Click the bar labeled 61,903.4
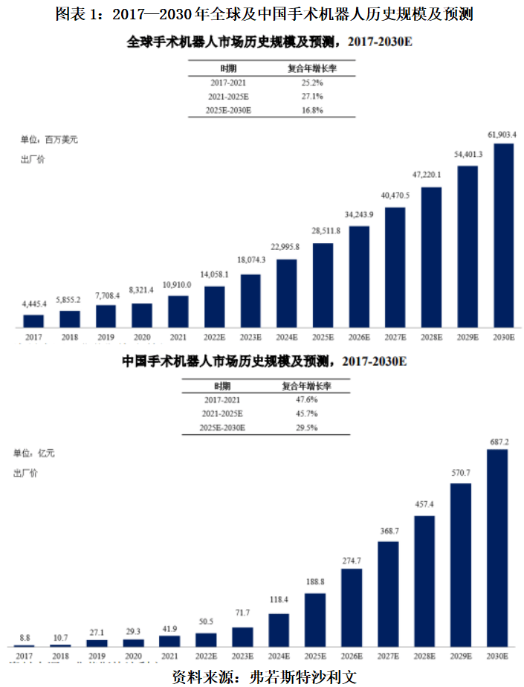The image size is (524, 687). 504,235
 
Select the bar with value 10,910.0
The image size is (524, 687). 178,312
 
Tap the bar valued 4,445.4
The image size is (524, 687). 33,320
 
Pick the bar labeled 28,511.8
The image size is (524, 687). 323,285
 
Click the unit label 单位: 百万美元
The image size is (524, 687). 48,139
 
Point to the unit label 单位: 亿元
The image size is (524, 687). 34,453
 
